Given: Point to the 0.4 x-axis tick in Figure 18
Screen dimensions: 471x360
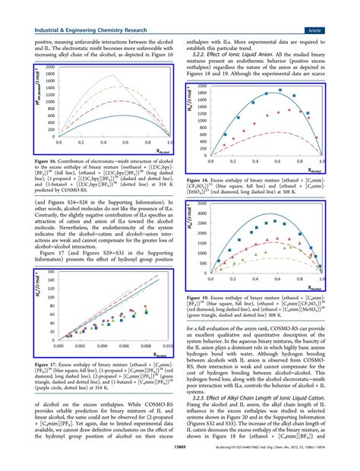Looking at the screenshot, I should (255, 164).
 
